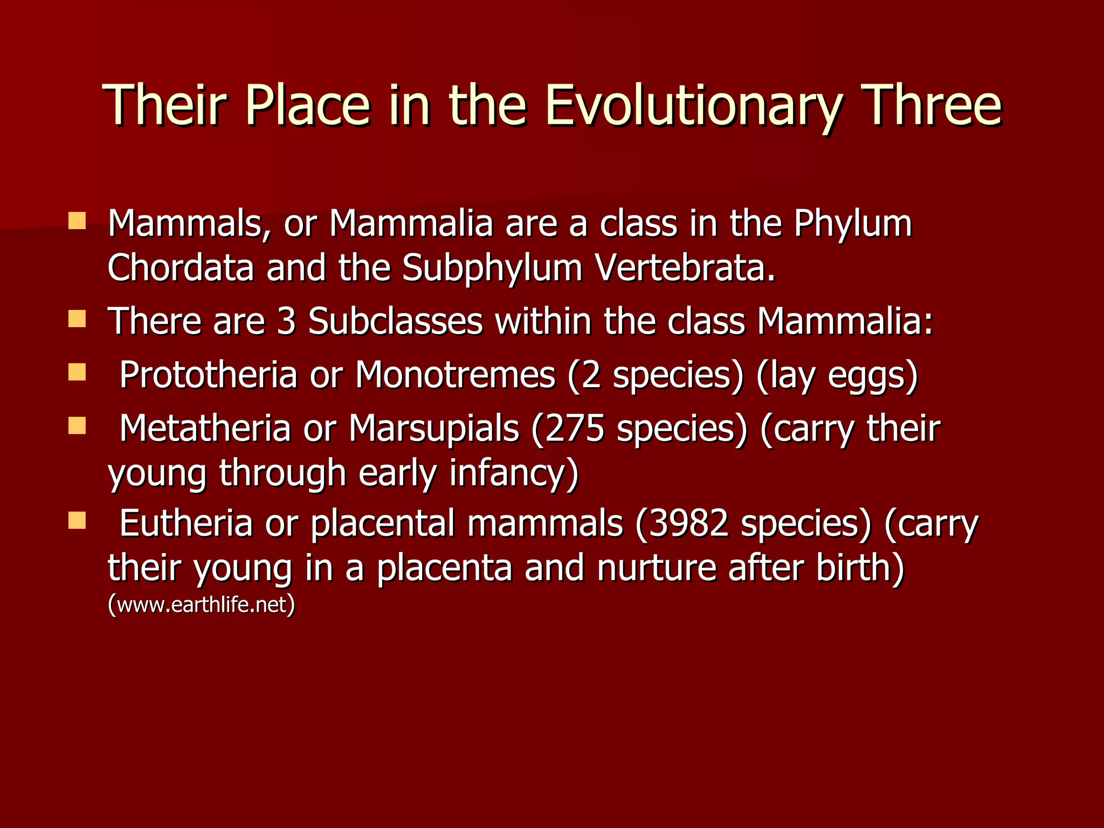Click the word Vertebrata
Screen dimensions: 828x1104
coord(685,267)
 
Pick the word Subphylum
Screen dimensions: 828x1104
coord(492,268)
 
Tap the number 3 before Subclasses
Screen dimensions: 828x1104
coord(286,321)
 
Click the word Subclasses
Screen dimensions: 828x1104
coord(395,321)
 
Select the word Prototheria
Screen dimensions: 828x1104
coord(208,375)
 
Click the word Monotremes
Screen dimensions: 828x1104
coord(455,375)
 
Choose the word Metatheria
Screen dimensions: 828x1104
coord(205,429)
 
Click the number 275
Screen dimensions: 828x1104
coord(574,429)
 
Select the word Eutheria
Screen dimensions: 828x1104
coord(185,523)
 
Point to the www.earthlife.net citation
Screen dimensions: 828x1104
coord(202,605)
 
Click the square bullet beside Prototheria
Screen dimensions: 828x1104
coord(77,372)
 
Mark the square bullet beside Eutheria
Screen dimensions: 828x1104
coord(77,521)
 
